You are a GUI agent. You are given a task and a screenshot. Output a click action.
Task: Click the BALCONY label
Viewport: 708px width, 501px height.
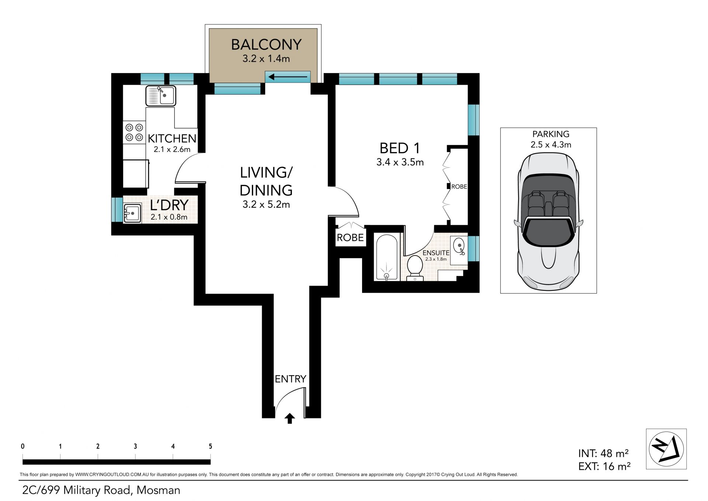coord(266,45)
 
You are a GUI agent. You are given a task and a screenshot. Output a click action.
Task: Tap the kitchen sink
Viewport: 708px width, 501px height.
coord(161,96)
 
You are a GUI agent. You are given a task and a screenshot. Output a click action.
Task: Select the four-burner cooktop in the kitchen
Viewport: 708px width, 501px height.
coord(134,133)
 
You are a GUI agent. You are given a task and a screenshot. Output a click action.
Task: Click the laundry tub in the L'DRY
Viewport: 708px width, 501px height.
coord(132,213)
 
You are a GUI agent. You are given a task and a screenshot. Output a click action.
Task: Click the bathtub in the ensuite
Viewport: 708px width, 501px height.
coord(387,257)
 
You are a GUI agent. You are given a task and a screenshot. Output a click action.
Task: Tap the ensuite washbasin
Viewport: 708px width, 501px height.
coord(459,247)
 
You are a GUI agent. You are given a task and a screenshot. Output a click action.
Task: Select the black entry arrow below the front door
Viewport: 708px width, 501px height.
coord(290,418)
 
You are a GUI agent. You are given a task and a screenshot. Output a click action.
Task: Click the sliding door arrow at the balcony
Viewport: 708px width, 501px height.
coord(288,77)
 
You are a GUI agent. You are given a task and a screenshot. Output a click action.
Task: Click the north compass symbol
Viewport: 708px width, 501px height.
coord(666,449)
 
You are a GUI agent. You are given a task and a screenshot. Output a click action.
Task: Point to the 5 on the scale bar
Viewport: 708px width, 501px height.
coord(210,446)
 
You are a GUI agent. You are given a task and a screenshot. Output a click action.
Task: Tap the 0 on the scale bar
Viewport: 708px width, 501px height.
coord(23,446)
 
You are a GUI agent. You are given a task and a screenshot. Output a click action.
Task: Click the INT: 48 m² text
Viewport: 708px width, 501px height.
coord(603,453)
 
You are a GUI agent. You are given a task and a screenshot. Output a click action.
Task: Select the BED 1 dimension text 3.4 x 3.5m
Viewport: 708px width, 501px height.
coord(400,162)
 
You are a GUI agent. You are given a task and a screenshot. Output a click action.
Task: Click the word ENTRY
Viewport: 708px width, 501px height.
coord(291,379)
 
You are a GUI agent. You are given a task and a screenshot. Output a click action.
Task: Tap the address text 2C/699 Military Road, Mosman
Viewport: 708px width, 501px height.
coord(101,490)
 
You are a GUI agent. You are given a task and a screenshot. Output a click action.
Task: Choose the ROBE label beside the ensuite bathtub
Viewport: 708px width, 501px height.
coord(350,237)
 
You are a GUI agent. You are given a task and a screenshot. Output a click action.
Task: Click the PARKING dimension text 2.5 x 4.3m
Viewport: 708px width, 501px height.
coord(551,145)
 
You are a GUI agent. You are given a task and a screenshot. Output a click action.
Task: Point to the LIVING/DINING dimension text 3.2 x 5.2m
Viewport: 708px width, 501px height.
coord(266,205)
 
